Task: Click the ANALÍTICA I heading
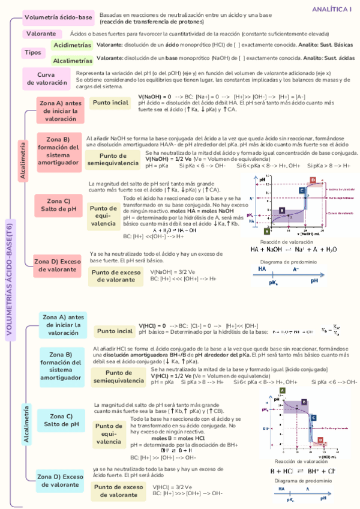coord(332,9)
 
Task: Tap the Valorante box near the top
coord(42,34)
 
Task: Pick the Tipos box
coord(33,52)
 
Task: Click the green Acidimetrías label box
coord(72,45)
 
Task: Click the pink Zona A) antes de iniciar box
coord(60,110)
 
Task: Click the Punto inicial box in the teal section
coord(115,331)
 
